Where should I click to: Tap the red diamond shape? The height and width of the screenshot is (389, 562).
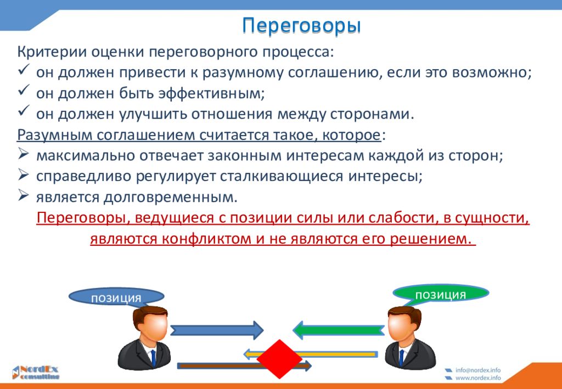click(279, 359)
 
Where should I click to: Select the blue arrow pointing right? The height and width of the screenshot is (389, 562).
click(217, 330)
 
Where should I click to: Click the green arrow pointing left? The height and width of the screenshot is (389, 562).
click(339, 330)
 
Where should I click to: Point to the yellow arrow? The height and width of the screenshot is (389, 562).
click(311, 354)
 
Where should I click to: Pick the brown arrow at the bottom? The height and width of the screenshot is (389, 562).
click(244, 366)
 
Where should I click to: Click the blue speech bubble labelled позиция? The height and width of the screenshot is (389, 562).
click(116, 297)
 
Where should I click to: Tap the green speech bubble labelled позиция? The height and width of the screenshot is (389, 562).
click(441, 294)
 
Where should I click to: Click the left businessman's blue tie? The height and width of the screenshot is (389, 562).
click(153, 358)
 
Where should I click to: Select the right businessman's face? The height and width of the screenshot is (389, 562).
click(404, 326)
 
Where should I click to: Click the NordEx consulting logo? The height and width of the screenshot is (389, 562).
click(35, 373)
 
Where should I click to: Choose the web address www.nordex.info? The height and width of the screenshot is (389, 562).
click(478, 378)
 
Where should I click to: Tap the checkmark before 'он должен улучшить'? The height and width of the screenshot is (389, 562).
click(23, 111)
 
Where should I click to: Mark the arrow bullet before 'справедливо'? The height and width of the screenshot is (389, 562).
click(23, 174)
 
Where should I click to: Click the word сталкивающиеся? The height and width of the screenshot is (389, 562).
click(282, 177)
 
